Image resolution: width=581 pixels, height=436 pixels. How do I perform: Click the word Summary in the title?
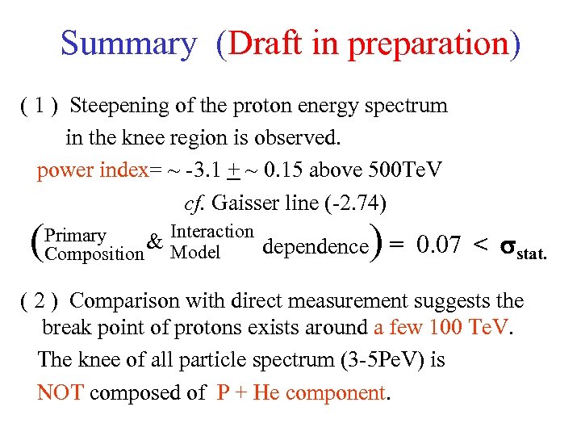(127, 43)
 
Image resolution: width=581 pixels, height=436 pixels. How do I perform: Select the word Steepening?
(120, 106)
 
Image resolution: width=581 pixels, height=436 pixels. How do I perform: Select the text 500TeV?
(404, 170)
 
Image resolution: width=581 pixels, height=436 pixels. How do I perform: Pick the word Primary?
(76, 236)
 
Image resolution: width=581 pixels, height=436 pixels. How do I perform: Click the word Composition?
(94, 254)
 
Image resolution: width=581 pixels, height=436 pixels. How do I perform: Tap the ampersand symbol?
(157, 242)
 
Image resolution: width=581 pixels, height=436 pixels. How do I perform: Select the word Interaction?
(212, 232)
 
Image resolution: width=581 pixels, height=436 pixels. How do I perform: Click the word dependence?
(315, 246)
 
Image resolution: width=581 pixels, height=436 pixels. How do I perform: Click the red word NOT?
(61, 393)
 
